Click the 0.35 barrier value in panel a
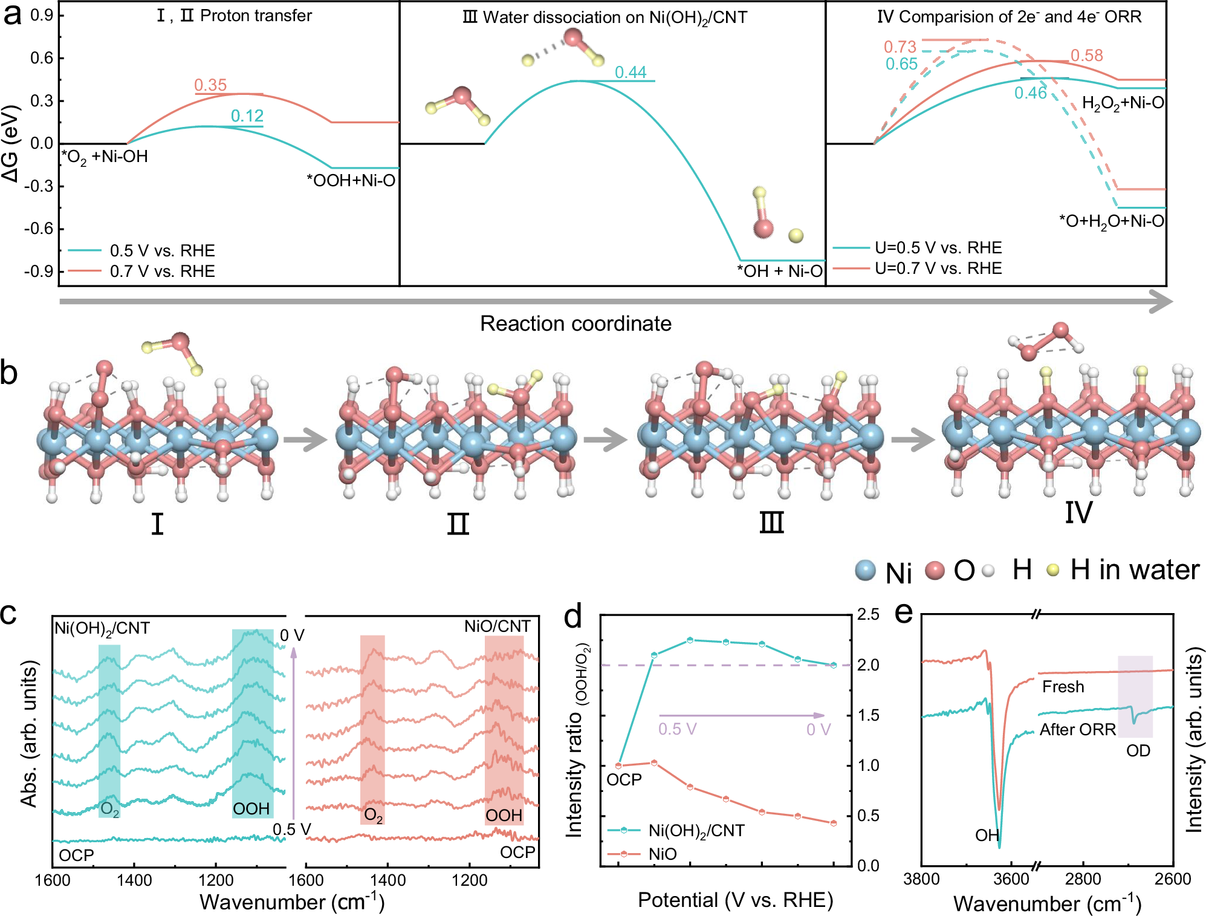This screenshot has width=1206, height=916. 210,85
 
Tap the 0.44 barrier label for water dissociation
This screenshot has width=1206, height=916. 631,73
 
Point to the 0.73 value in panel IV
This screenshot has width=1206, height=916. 900,47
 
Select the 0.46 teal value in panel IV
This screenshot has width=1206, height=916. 1030,93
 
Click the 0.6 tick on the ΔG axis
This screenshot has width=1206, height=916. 42,58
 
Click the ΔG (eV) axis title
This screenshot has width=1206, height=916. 11,143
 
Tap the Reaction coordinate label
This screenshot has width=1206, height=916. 575,323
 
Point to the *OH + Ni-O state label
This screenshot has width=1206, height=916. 779,271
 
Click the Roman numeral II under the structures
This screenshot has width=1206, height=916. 458,524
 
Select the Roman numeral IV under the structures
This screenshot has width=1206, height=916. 1078,513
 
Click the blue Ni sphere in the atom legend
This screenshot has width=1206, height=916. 866,570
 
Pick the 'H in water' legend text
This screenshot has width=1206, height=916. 1134,570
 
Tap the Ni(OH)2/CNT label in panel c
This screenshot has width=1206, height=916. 102,628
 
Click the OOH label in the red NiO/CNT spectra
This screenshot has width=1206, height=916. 504,816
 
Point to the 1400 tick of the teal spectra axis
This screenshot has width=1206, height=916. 134,880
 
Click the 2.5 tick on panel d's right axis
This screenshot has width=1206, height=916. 868,615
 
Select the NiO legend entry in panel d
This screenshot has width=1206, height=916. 663,854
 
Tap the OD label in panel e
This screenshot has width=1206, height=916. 1138,751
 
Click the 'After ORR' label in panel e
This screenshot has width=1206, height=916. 1077,730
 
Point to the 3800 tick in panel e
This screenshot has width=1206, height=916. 921,879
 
